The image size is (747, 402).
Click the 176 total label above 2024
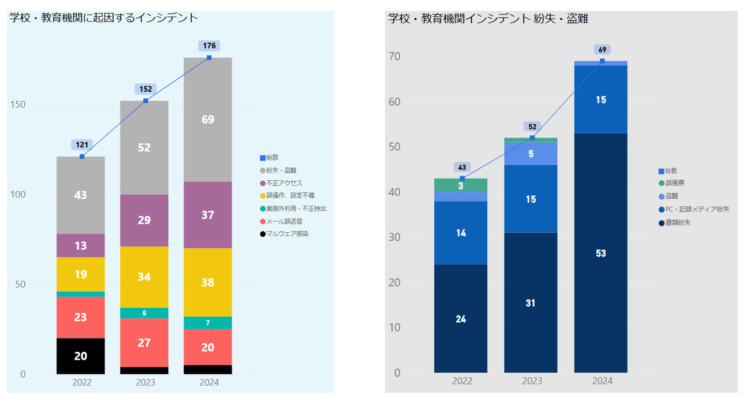(x=209, y=46)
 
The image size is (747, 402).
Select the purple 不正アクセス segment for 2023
(x=144, y=220)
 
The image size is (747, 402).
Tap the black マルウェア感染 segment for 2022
(x=81, y=356)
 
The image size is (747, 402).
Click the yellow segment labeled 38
(x=208, y=282)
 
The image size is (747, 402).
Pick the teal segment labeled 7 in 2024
(x=208, y=322)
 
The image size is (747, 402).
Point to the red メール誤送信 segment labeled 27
(x=144, y=343)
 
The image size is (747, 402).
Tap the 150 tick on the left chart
(x=19, y=105)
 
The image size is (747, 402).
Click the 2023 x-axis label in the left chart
(x=145, y=382)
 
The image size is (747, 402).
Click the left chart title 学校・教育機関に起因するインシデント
(x=104, y=18)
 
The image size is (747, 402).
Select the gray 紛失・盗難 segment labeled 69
(x=208, y=120)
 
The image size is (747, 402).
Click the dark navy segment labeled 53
(x=601, y=253)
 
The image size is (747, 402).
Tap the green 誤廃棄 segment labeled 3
(x=461, y=185)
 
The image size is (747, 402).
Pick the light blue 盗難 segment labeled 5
(x=531, y=154)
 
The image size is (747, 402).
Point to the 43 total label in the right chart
(x=462, y=167)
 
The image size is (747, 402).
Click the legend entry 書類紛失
(x=678, y=222)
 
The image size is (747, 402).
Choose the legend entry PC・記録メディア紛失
(x=696, y=209)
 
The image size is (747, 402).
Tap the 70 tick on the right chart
(x=394, y=57)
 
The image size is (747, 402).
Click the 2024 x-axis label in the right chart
(x=602, y=381)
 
